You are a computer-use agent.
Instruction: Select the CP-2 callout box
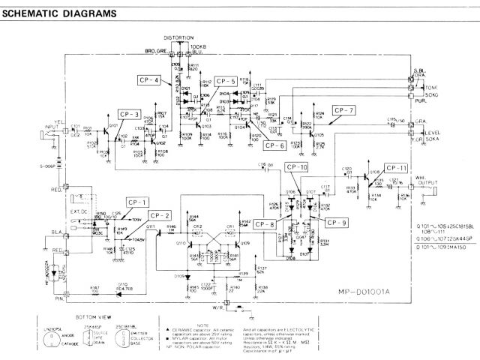[x=161, y=215]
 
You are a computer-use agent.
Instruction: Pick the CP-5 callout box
[x=225, y=80]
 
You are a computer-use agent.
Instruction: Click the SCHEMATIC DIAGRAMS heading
[x=59, y=13]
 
